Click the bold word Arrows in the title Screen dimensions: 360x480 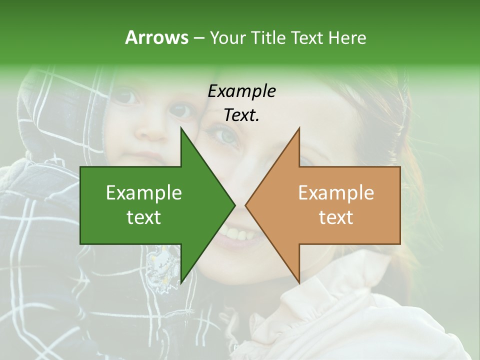pyautogui.click(x=156, y=37)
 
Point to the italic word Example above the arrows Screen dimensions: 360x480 pyautogui.click(x=241, y=91)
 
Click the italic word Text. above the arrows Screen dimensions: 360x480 pyautogui.click(x=241, y=115)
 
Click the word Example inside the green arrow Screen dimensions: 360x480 pyautogui.click(x=144, y=193)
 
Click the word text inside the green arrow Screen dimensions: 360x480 pyautogui.click(x=144, y=217)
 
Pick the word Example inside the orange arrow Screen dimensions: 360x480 pyautogui.click(x=336, y=193)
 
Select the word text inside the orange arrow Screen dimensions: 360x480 pyautogui.click(x=336, y=217)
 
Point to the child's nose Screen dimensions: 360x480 pyautogui.click(x=152, y=131)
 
